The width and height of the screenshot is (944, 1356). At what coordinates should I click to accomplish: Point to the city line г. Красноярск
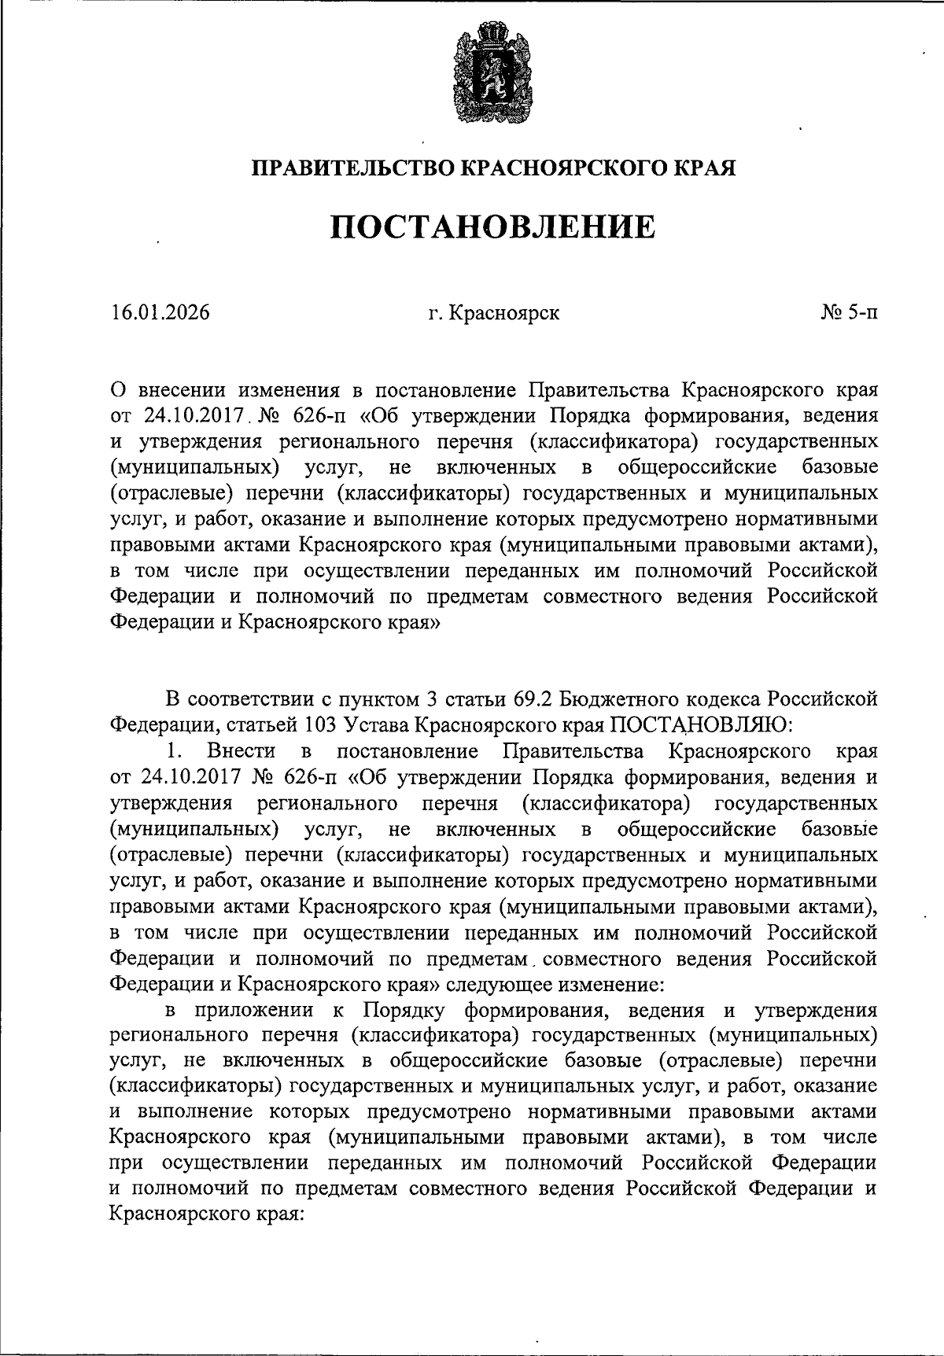tap(494, 313)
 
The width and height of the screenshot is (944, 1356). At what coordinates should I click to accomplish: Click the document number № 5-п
tap(850, 313)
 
